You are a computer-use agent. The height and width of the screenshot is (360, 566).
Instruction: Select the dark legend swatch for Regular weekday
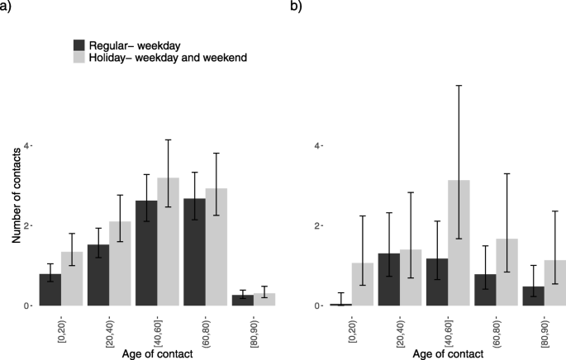[x=80, y=44]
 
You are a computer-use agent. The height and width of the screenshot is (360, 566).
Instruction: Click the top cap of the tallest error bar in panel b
[x=459, y=85]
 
